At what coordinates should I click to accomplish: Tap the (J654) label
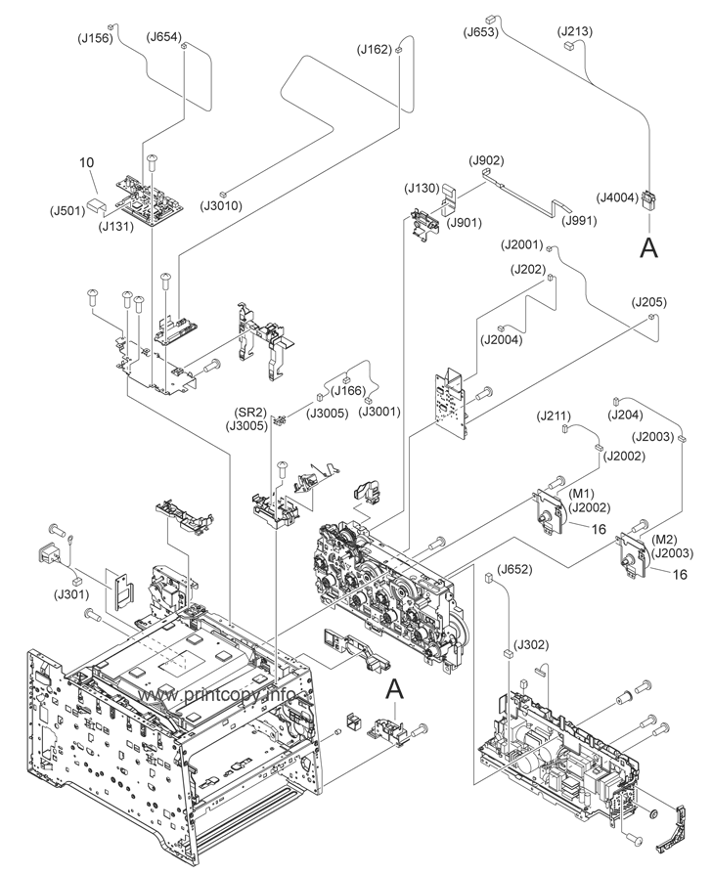163,37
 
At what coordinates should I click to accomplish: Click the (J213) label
575,32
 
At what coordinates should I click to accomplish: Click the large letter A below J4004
647,249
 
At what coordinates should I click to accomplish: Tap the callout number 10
86,162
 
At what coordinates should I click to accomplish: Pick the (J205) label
648,302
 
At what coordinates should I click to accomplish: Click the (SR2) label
249,412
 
